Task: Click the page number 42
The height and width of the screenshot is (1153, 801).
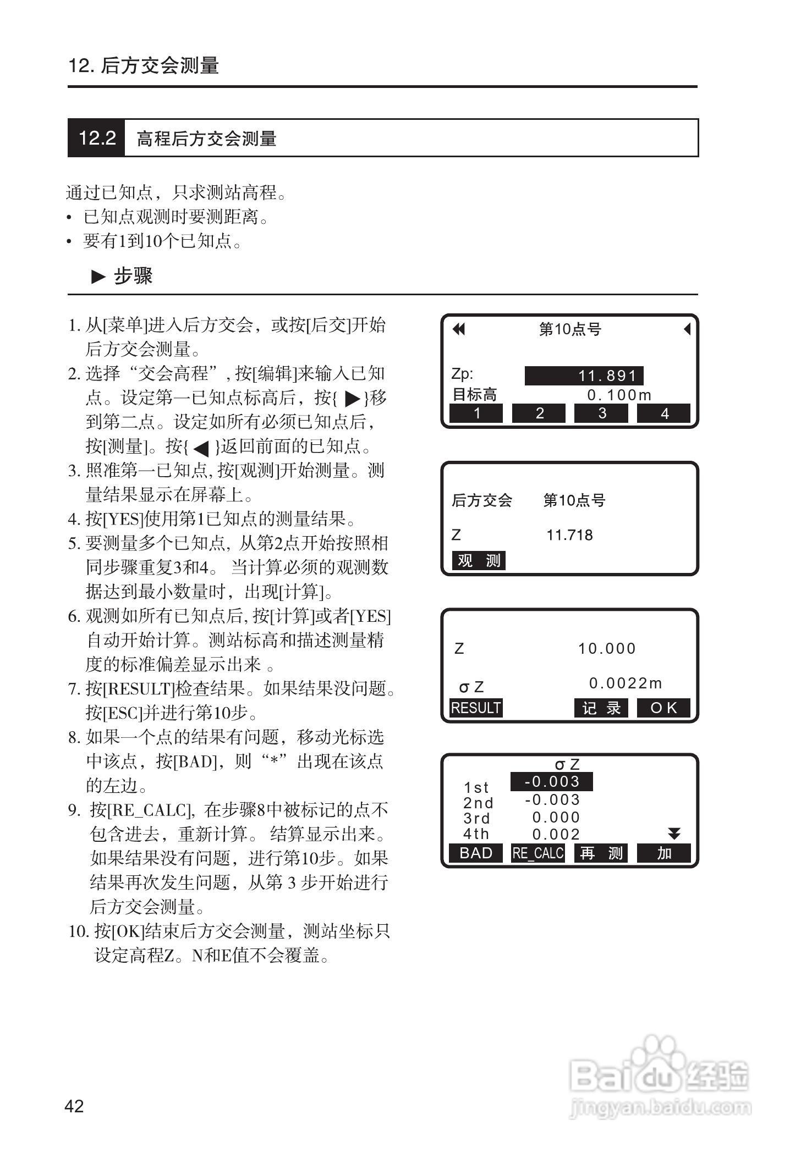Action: pyautogui.click(x=74, y=1106)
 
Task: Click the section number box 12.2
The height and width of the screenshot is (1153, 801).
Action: pyautogui.click(x=97, y=138)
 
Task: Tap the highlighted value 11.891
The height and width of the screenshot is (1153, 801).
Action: pyautogui.click(x=584, y=376)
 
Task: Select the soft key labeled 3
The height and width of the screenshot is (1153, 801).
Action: pyautogui.click(x=601, y=413)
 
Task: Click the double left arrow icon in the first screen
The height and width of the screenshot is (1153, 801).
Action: pyautogui.click(x=458, y=329)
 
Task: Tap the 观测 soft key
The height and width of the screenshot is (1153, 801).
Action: pyautogui.click(x=479, y=561)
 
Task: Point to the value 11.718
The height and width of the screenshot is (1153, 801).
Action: pyautogui.click(x=569, y=535)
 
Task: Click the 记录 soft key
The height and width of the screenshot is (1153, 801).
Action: pyautogui.click(x=601, y=708)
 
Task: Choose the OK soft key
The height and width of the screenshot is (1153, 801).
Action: pyautogui.click(x=663, y=708)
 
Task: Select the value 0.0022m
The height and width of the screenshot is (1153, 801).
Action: pyautogui.click(x=626, y=683)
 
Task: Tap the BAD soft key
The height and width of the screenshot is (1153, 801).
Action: pyautogui.click(x=476, y=853)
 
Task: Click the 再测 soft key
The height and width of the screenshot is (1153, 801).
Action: pyautogui.click(x=601, y=853)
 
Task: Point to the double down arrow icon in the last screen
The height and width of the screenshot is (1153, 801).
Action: pyautogui.click(x=674, y=834)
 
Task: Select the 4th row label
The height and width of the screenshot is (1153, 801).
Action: pyautogui.click(x=476, y=834)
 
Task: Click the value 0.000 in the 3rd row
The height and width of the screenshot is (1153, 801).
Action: pyautogui.click(x=556, y=818)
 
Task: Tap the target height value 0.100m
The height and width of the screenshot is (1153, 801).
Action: pyautogui.click(x=619, y=395)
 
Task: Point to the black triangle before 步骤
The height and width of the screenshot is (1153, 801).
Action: pyautogui.click(x=98, y=277)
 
